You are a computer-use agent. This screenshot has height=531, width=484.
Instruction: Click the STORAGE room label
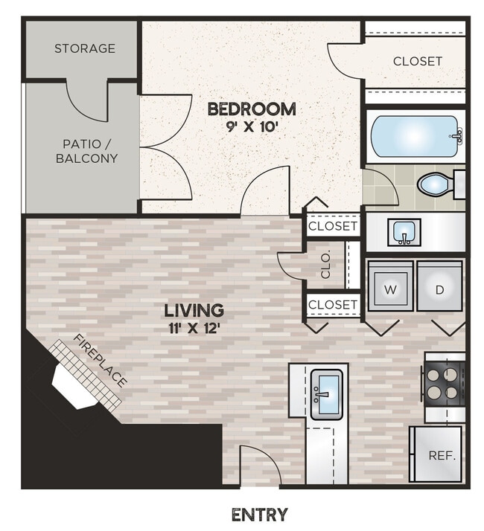pyautogui.click(x=84, y=48)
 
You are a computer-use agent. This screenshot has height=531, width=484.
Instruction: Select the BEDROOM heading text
pyautogui.click(x=251, y=109)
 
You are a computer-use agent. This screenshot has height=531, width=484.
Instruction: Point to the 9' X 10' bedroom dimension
pyautogui.click(x=251, y=126)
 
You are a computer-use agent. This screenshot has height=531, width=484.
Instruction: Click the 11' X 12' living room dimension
pyautogui.click(x=194, y=327)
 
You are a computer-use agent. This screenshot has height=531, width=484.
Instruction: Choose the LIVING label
pyautogui.click(x=194, y=310)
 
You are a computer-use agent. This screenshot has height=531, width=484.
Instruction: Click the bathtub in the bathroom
pyautogui.click(x=415, y=136)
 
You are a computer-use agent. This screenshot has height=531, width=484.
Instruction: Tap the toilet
pyautogui.click(x=435, y=184)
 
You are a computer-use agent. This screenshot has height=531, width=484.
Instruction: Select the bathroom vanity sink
pyautogui.click(x=406, y=232)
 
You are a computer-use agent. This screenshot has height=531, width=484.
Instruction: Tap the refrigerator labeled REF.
pyautogui.click(x=436, y=455)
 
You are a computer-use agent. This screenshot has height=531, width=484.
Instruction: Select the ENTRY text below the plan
pyautogui.click(x=259, y=515)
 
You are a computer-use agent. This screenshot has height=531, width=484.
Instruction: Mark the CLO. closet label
pyautogui.click(x=325, y=265)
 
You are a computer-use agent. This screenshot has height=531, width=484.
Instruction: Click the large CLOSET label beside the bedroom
pyautogui.click(x=417, y=61)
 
